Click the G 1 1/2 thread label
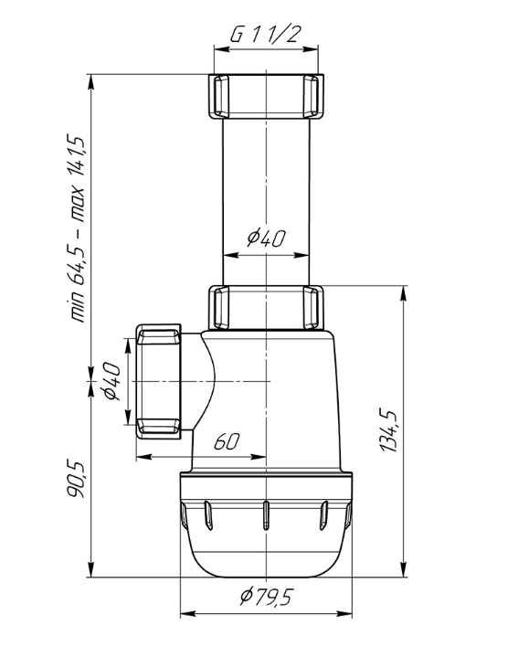[266, 34]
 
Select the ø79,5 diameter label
[267, 596]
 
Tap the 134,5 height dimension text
[388, 430]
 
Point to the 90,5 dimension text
[77, 481]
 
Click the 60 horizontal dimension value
[227, 441]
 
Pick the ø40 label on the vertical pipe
[267, 238]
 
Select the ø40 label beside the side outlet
[111, 381]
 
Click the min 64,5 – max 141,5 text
[77, 228]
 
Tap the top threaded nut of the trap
[266, 97]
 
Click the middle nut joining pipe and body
[266, 308]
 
